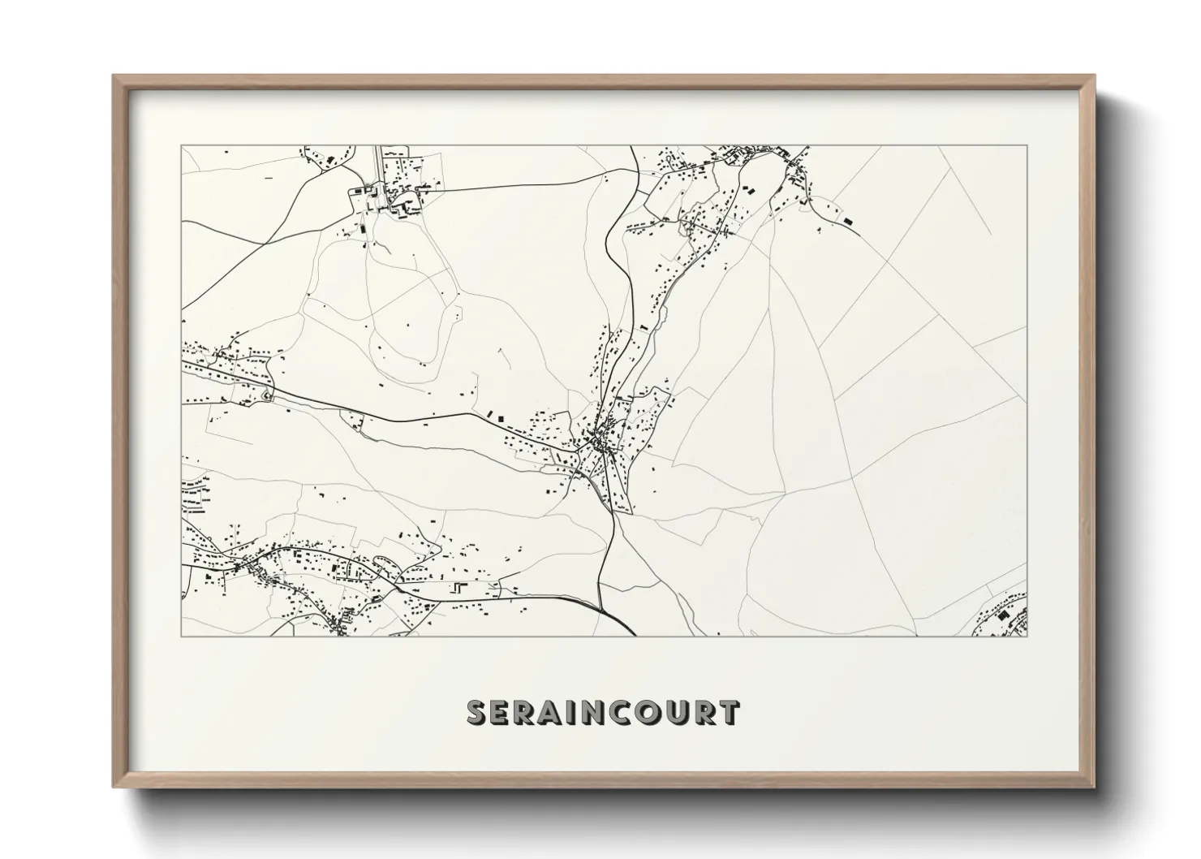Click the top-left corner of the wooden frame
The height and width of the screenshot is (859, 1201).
click(x=114, y=76)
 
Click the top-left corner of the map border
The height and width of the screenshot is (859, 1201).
click(x=181, y=146)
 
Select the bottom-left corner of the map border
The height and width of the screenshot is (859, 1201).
click(x=181, y=636)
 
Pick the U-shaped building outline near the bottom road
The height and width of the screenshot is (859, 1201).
click(x=460, y=587)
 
